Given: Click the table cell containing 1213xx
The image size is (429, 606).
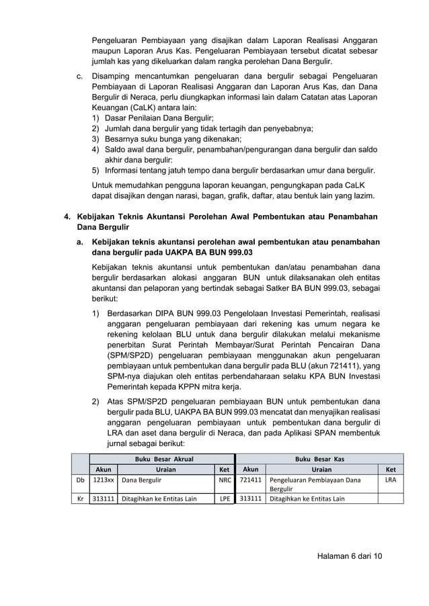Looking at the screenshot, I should click(x=103, y=480).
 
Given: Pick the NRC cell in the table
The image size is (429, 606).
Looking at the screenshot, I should click(x=225, y=480).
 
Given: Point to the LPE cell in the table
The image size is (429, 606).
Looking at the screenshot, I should click(x=225, y=499).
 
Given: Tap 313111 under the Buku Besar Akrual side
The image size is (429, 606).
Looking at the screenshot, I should click(x=103, y=499).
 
